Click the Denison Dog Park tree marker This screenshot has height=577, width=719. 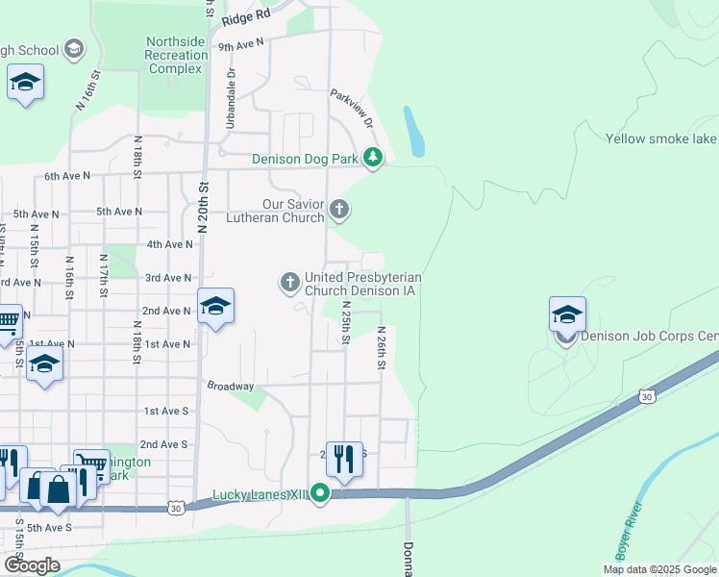[372, 159]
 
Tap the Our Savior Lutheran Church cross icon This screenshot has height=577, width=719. [338, 209]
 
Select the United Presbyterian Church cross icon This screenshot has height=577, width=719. [289, 282]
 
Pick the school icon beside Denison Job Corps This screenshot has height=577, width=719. [567, 314]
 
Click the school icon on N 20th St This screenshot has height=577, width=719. [215, 307]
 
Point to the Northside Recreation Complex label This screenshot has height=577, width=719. [176, 56]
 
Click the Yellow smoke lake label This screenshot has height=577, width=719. [661, 138]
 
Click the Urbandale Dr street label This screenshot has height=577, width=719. [231, 99]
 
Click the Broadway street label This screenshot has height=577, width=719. [231, 386]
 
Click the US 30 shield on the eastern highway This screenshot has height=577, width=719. [647, 396]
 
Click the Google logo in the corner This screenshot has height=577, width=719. [32, 565]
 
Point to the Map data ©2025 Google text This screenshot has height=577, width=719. [659, 569]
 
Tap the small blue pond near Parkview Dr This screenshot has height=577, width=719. [414, 132]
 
